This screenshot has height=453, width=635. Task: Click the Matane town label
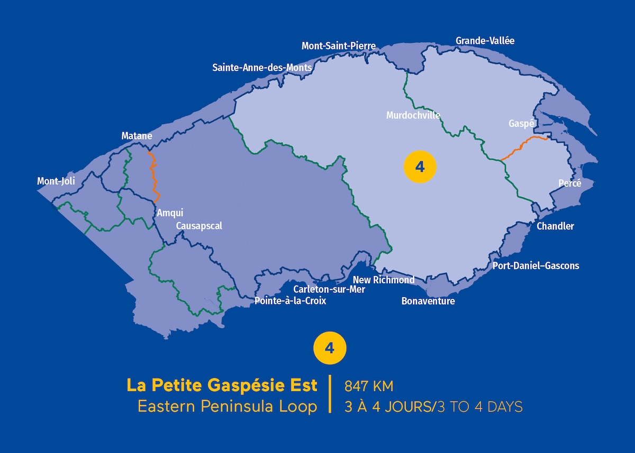137,136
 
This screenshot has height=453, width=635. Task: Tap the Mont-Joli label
56,181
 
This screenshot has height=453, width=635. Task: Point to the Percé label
569,183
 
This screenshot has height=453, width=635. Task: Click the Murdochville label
413,115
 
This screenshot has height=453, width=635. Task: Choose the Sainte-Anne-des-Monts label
262,68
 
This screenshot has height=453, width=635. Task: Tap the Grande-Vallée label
485,41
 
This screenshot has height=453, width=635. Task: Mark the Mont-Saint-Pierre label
339,46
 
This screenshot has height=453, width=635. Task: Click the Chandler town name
555,226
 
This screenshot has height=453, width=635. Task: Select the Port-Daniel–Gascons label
536,265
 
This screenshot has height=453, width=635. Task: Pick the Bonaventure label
428,301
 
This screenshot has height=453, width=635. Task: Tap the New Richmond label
384,280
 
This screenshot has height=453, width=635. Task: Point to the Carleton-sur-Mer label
329,289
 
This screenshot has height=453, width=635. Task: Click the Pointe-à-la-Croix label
291,301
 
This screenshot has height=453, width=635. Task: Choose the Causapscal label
199,226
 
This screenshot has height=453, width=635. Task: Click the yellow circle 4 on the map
420,167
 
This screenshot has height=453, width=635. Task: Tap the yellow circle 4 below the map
330,348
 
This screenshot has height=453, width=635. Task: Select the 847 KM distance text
369,386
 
